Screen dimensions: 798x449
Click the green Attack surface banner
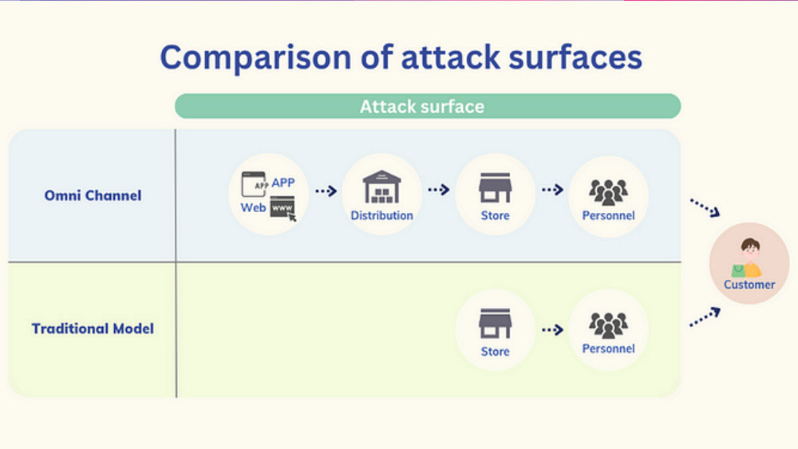(428, 106)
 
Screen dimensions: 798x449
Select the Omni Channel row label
(93, 195)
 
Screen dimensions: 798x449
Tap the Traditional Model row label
(93, 329)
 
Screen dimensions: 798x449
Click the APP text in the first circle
(283, 183)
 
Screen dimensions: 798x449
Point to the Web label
(253, 207)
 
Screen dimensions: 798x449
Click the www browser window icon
(283, 208)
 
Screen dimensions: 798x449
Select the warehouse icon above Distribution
(381, 187)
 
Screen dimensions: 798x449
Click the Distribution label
(381, 215)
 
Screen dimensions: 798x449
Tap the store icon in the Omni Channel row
(496, 188)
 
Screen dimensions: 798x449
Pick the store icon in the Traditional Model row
(496, 324)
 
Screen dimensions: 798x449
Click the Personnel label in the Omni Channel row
(608, 215)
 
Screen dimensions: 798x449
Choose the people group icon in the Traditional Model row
(608, 325)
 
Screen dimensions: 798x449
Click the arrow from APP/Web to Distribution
(326, 191)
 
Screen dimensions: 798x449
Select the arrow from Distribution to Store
(439, 190)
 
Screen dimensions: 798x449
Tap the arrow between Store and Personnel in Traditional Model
(553, 330)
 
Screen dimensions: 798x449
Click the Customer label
(749, 285)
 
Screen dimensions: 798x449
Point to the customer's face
(750, 250)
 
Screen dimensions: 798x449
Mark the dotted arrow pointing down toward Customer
(705, 207)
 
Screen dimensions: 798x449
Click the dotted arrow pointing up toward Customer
(705, 317)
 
